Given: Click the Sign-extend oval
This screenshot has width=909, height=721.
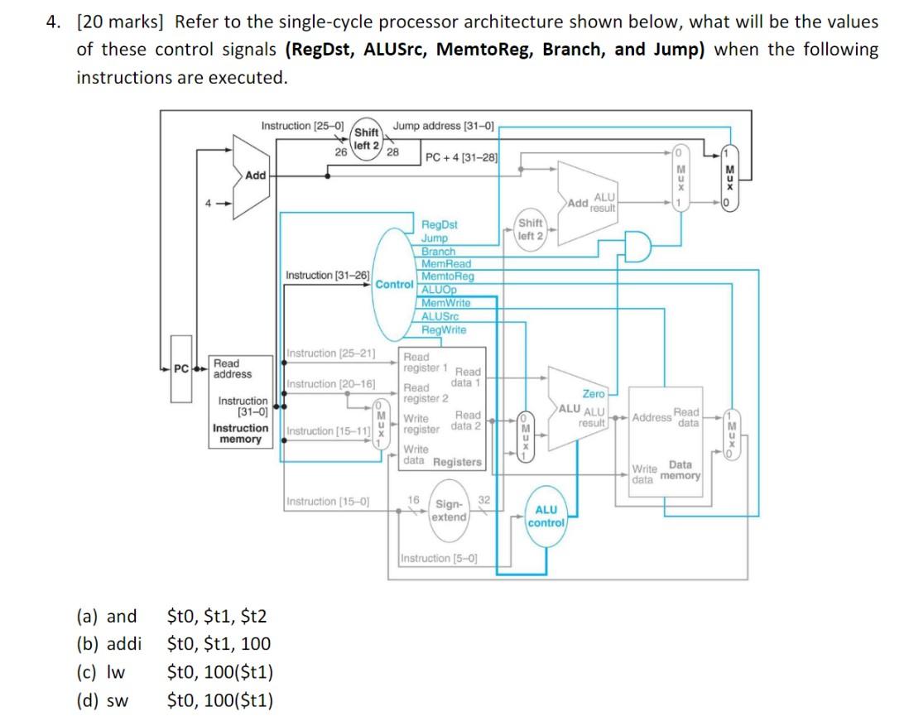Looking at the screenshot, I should point(450,510).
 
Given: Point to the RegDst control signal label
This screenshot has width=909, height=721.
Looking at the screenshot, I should point(439,224).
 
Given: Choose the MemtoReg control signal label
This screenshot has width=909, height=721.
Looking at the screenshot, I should point(447,276).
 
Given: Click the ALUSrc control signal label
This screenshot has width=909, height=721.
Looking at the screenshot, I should point(440,316).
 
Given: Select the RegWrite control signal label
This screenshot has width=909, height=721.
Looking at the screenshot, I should point(443,329).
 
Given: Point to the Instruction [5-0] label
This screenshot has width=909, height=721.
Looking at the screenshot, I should point(438,558).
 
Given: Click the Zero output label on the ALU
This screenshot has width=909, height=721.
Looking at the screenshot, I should point(594,394).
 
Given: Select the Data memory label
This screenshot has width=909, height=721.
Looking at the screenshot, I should point(684,470).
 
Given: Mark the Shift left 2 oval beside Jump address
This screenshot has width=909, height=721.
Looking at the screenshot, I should point(366,138).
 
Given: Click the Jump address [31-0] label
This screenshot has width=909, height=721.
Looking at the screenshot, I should point(443,126).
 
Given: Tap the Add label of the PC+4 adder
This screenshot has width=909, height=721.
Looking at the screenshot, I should point(256,175).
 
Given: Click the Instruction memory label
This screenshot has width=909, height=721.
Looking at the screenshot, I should point(240,434).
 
